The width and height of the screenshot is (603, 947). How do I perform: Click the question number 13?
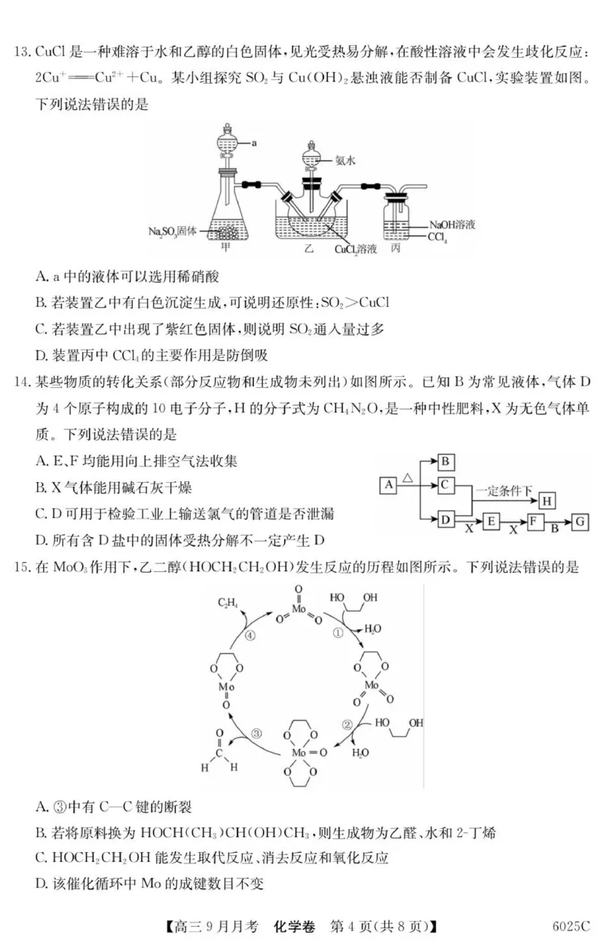click(x=22, y=55)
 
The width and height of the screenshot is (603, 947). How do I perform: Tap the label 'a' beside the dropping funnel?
click(x=256, y=141)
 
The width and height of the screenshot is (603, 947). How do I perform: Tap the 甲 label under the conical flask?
click(x=225, y=247)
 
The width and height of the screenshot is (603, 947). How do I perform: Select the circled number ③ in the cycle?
click(x=256, y=733)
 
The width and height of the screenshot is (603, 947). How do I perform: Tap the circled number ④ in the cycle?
click(x=251, y=635)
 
